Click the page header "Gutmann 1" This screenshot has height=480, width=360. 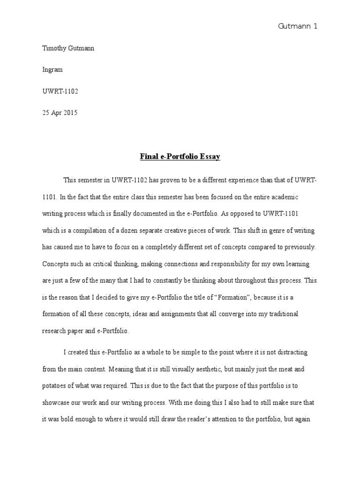(x=298, y=26)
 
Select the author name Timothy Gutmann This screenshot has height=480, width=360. (x=68, y=49)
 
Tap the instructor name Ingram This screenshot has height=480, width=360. (x=52, y=70)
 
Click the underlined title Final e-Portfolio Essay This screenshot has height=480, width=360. (x=180, y=157)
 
